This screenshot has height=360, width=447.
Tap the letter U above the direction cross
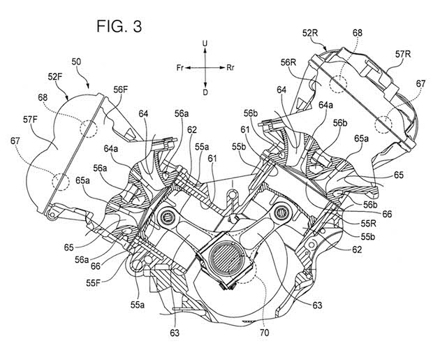pyautogui.click(x=205, y=44)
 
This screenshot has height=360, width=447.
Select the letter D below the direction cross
pyautogui.click(x=205, y=92)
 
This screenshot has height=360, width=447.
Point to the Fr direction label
pyautogui.click(x=180, y=68)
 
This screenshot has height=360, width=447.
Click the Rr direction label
pyautogui.click(x=230, y=68)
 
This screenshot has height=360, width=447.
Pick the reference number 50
pyautogui.click(x=75, y=63)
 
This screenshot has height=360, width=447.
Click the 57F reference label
pyautogui.click(x=31, y=120)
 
